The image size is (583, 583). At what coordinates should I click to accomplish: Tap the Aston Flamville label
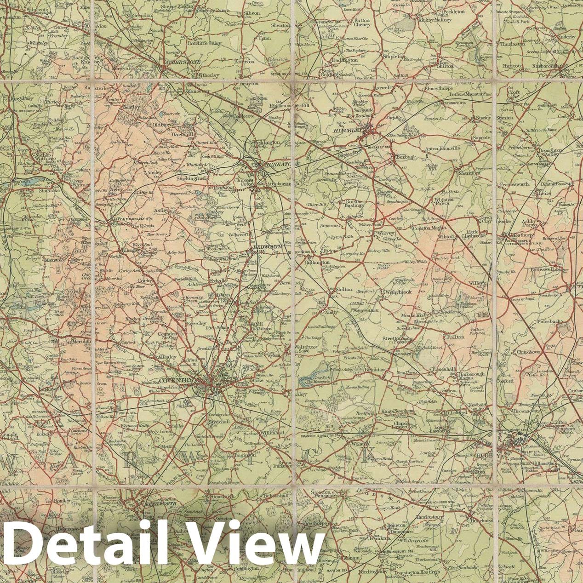pyautogui.click(x=442, y=149)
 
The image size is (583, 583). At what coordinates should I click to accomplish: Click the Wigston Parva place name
pyautogui.click(x=444, y=202)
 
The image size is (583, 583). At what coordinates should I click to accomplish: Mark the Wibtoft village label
pyautogui.click(x=446, y=238)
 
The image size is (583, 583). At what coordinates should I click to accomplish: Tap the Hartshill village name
pyautogui.click(x=183, y=134)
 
